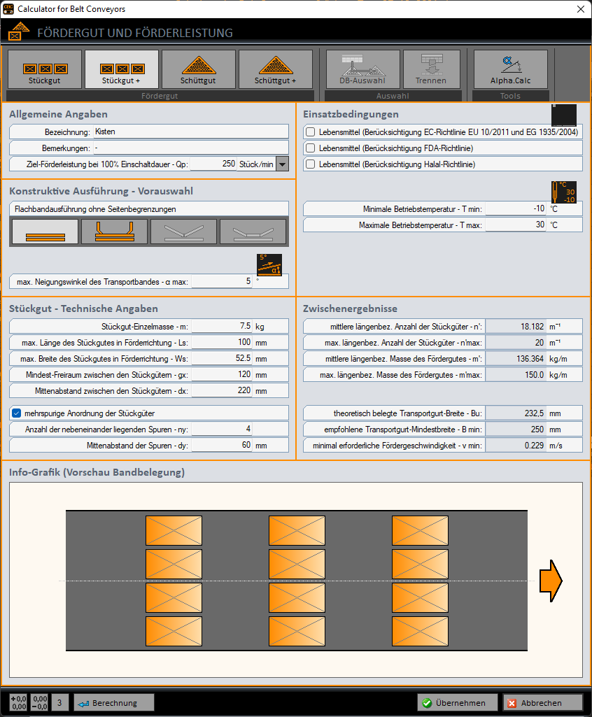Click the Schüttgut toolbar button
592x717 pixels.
(x=199, y=69)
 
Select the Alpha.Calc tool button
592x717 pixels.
(x=510, y=69)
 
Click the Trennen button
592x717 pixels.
(x=430, y=69)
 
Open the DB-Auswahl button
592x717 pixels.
(x=362, y=69)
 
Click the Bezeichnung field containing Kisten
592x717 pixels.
(x=190, y=132)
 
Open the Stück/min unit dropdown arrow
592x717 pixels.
(x=282, y=164)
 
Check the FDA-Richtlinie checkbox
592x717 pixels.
(x=311, y=148)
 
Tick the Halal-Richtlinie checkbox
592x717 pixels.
(x=311, y=164)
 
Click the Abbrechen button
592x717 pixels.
(x=542, y=703)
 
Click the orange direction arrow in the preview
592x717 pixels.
(x=551, y=581)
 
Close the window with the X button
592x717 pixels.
(x=580, y=9)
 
